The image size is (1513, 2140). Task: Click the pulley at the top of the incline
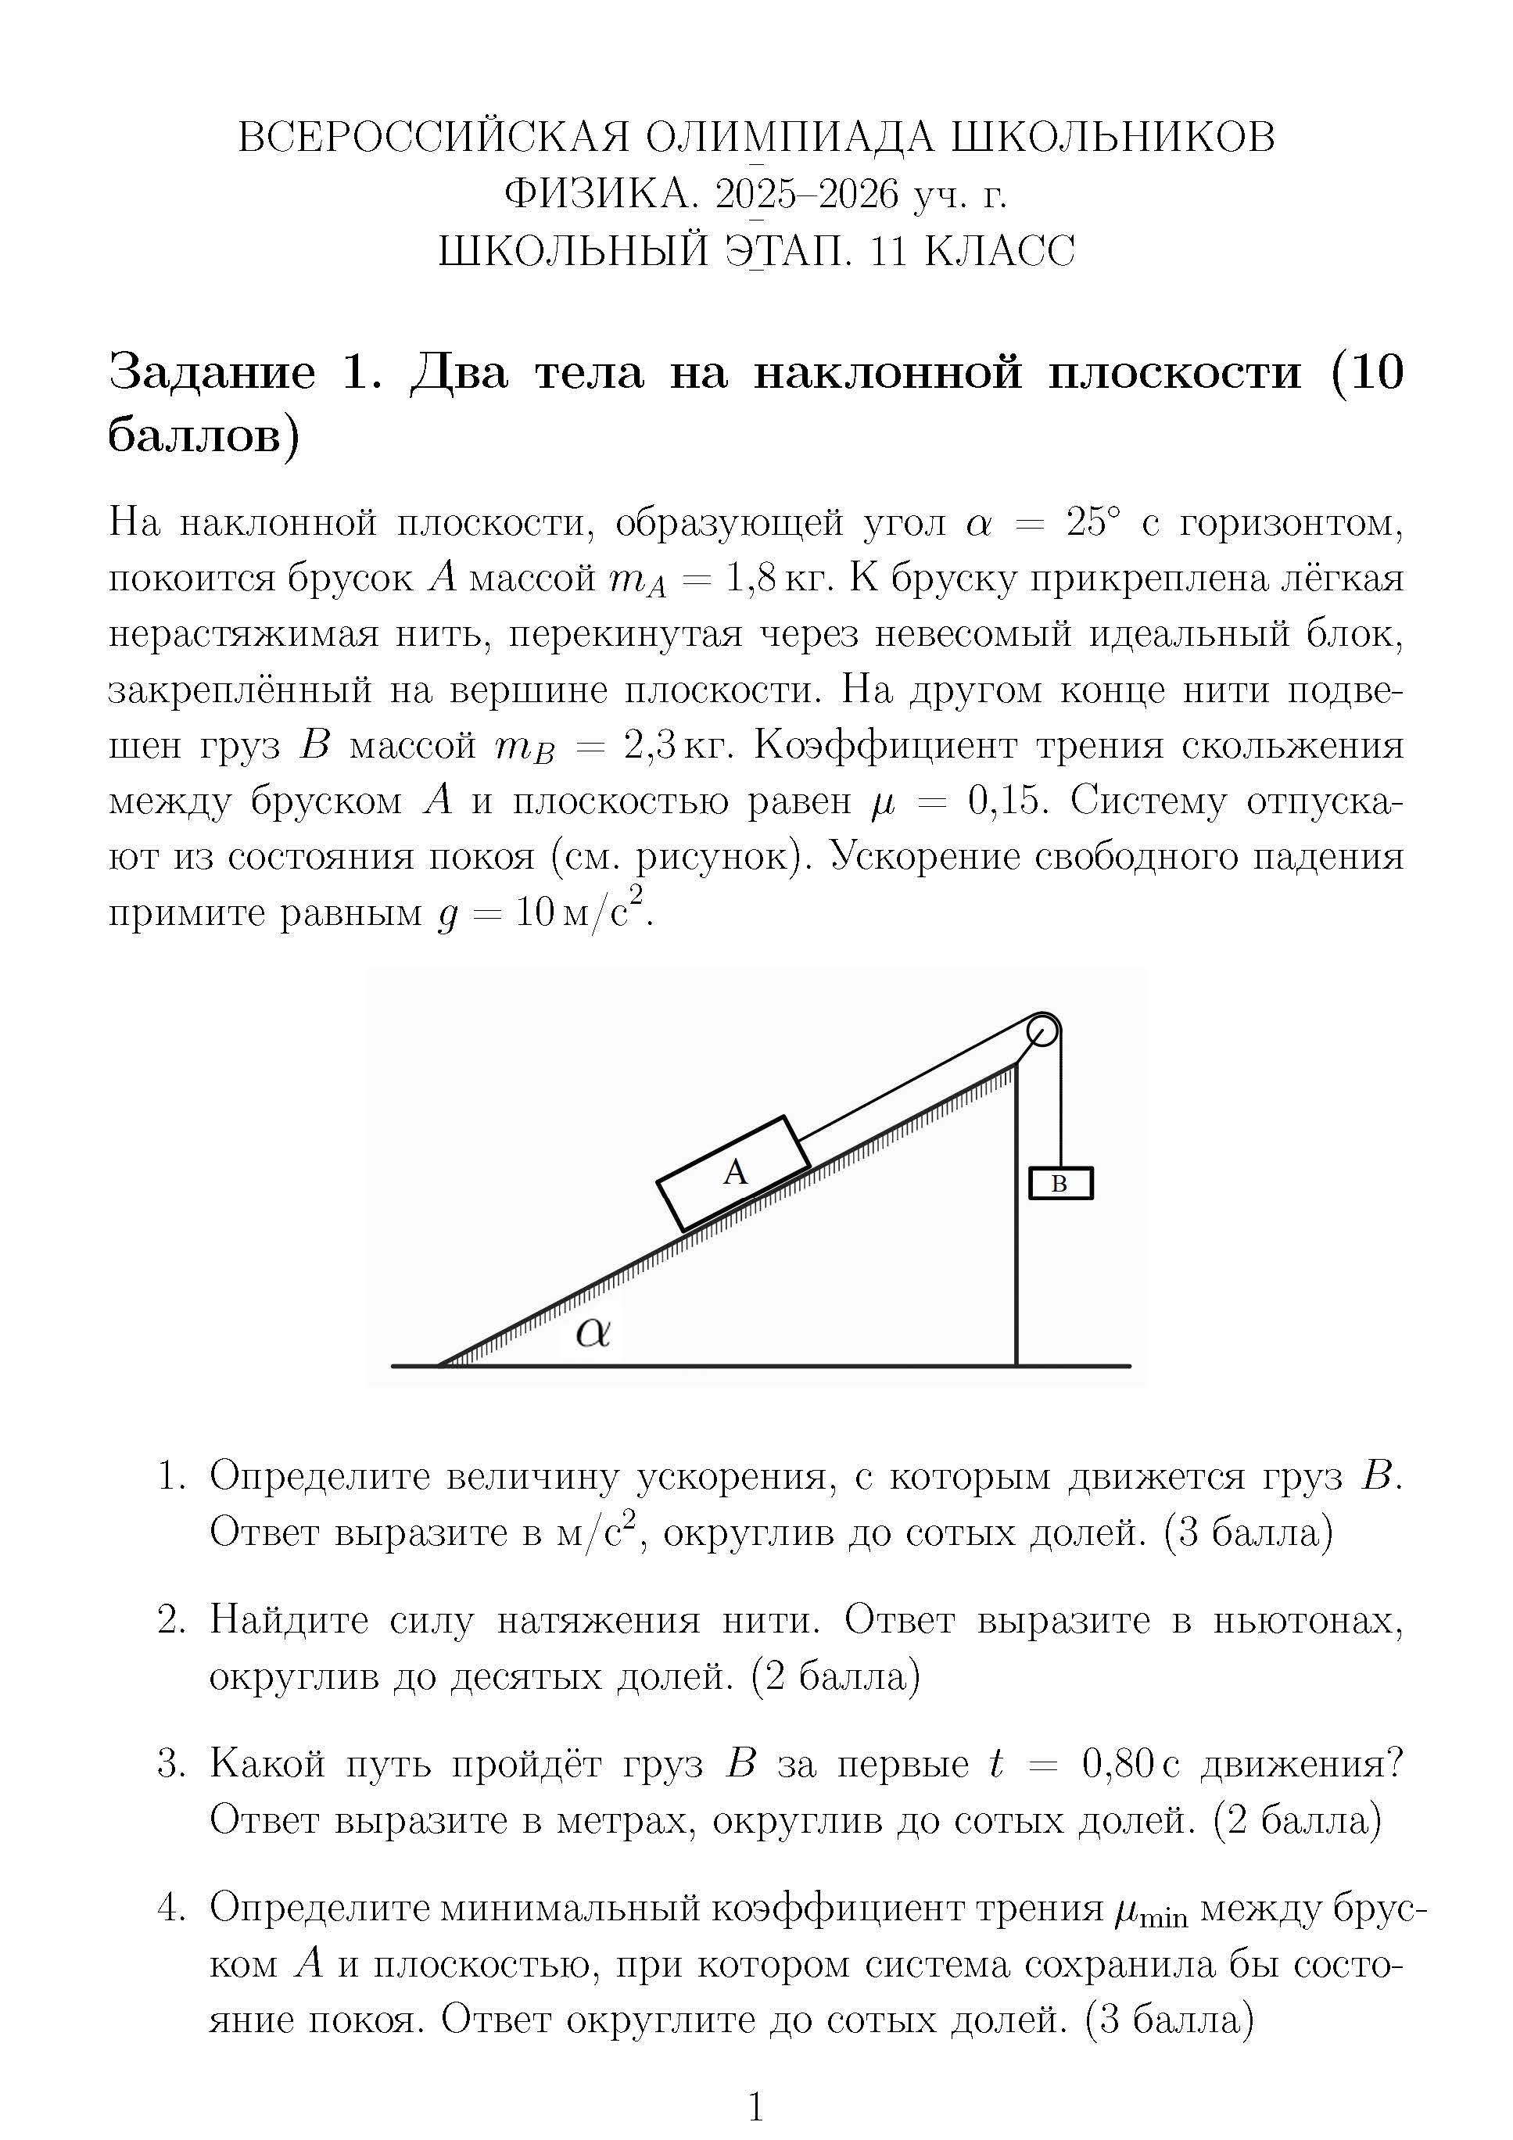[1043, 1032]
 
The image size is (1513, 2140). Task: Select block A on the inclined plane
[733, 1174]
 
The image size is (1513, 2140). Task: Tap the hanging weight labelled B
[1060, 1184]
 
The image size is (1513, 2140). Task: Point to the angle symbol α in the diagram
[593, 1333]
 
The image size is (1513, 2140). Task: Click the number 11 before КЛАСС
[887, 251]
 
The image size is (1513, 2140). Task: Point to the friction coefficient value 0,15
[1004, 801]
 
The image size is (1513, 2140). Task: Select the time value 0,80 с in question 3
[1130, 1765]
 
